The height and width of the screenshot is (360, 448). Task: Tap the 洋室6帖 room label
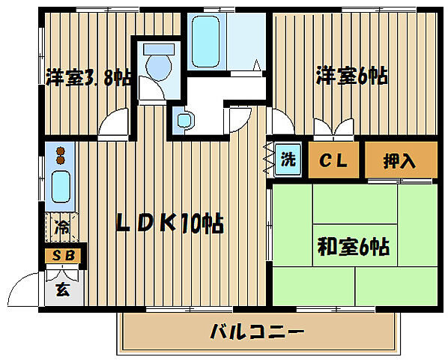coord(351,76)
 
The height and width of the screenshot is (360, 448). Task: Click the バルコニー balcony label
coord(256,330)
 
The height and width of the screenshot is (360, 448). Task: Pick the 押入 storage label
coord(400,160)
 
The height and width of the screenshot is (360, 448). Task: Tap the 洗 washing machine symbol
coord(288,160)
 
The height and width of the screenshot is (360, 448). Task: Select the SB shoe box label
coord(63,255)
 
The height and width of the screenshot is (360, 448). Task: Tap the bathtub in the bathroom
coord(209,41)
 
